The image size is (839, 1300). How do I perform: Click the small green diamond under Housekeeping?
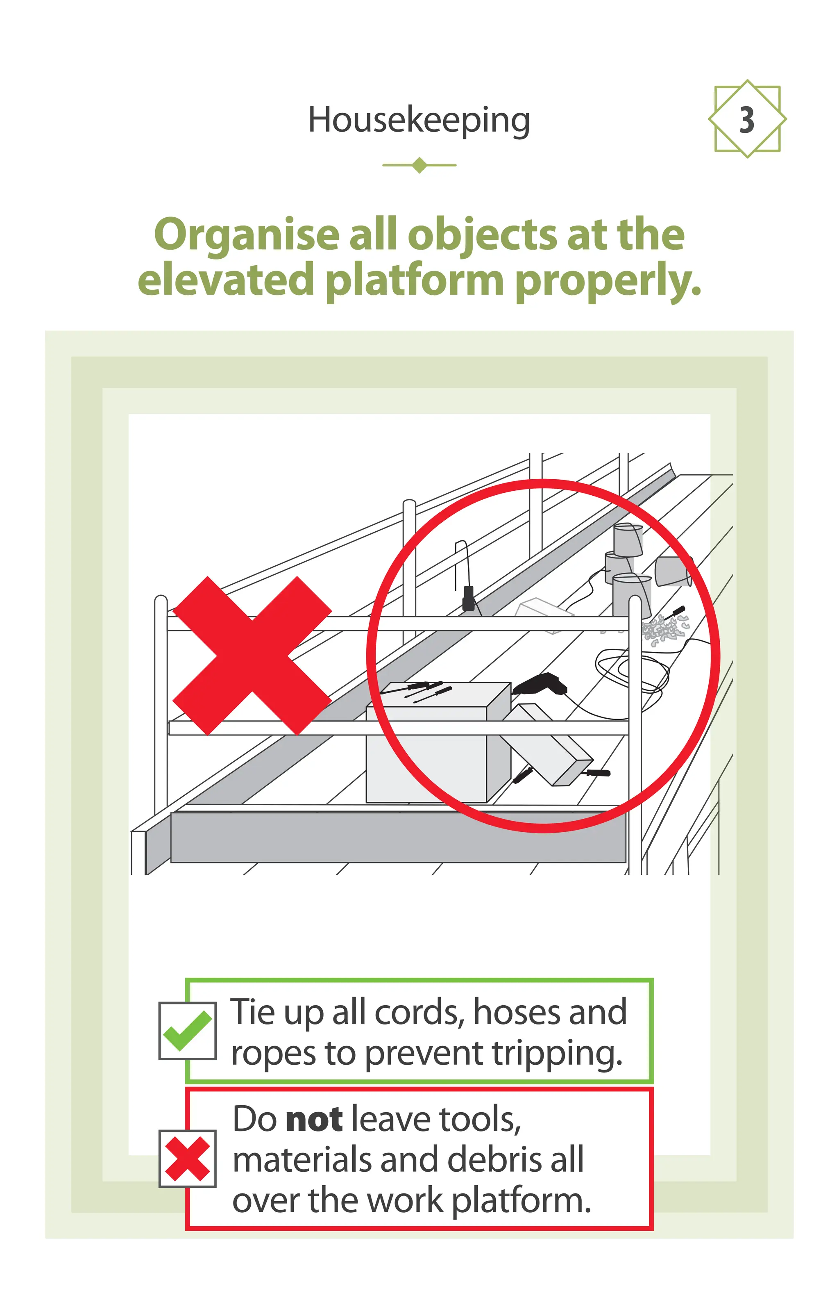tap(419, 165)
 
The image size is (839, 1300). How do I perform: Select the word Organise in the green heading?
tap(247, 235)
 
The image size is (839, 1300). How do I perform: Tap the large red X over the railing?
tap(252, 655)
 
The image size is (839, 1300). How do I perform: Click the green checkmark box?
tap(187, 1030)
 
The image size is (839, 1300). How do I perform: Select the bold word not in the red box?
tap(314, 1120)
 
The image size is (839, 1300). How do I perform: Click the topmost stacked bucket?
tap(628, 539)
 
